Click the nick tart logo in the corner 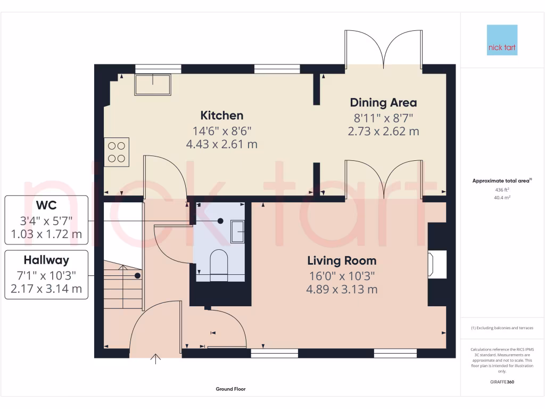pyautogui.click(x=502, y=40)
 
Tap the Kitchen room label pyautogui.click(x=221, y=116)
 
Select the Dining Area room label pyautogui.click(x=383, y=103)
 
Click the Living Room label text pyautogui.click(x=342, y=261)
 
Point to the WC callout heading pyautogui.click(x=47, y=206)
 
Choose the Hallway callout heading pyautogui.click(x=46, y=260)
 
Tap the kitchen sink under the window pyautogui.click(x=153, y=84)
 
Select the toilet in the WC pyautogui.click(x=219, y=263)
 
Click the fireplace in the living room pyautogui.click(x=436, y=264)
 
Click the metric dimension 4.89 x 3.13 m pyautogui.click(x=342, y=290)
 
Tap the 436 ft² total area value pyautogui.click(x=502, y=190)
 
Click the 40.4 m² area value pyautogui.click(x=502, y=198)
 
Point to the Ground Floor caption pyautogui.click(x=230, y=389)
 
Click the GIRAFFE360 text pyautogui.click(x=502, y=382)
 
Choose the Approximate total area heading pyautogui.click(x=501, y=181)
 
